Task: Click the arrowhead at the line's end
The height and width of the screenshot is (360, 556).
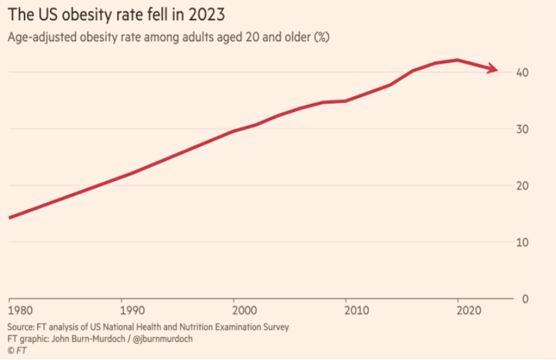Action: [493, 68]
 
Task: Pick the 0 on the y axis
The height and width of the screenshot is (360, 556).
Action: [525, 299]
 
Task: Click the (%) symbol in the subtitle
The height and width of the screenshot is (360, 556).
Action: [322, 37]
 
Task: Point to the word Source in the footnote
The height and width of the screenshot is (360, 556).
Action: [20, 326]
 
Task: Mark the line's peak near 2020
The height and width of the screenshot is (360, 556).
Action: [457, 60]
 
